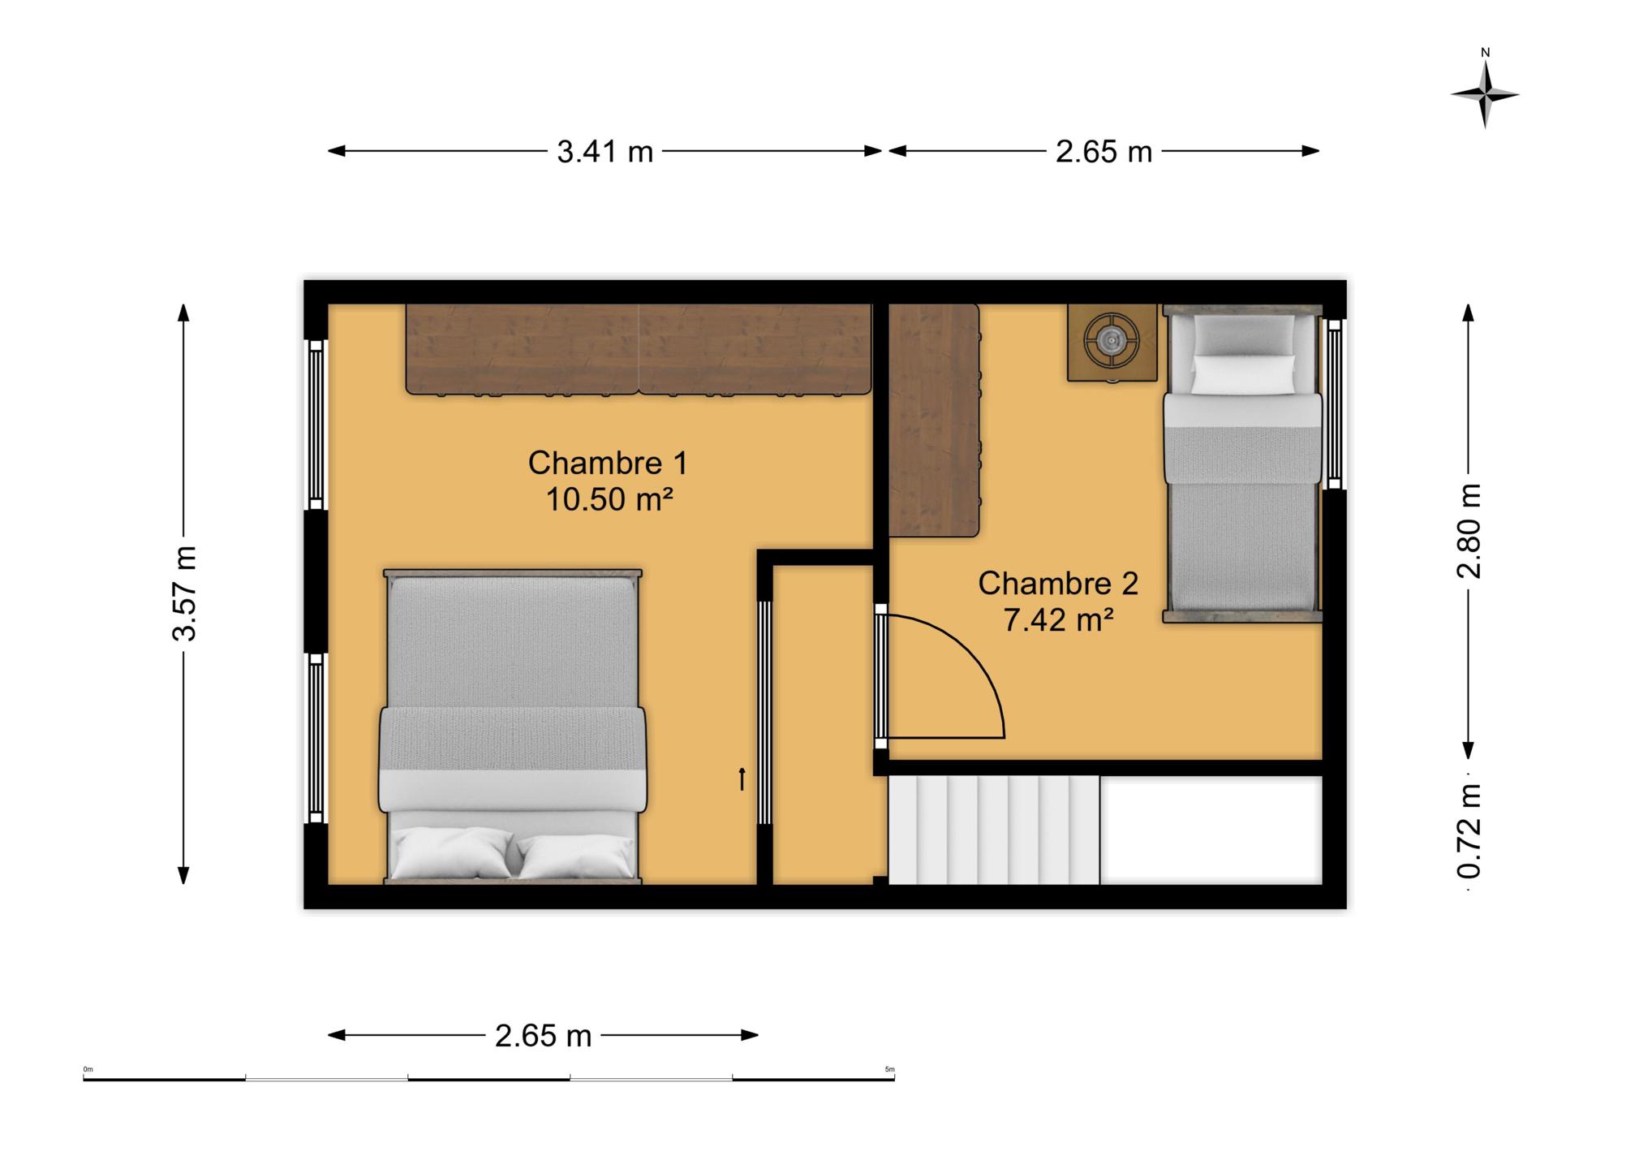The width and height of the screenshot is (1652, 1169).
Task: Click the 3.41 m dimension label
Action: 604,152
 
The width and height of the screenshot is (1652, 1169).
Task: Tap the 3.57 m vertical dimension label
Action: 185,593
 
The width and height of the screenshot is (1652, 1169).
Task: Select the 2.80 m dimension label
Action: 1469,531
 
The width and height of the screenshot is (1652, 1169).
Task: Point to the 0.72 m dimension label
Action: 1469,832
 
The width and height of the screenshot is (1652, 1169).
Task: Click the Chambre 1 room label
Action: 608,463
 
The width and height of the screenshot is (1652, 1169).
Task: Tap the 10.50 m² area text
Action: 609,498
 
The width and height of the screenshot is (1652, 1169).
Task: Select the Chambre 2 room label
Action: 1058,583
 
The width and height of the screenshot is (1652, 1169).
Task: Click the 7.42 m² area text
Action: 1058,619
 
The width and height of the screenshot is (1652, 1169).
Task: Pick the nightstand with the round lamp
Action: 1111,342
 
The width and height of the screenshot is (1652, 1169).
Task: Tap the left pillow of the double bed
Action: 452,855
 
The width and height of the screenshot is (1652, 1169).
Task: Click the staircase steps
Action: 994,830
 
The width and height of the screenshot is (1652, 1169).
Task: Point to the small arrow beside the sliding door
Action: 741,779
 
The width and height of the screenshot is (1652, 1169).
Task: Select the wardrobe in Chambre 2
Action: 935,421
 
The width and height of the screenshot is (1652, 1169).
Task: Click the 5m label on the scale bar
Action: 889,1069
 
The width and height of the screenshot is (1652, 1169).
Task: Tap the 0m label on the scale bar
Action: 88,1069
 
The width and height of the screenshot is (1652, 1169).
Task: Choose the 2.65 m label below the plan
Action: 543,1036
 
